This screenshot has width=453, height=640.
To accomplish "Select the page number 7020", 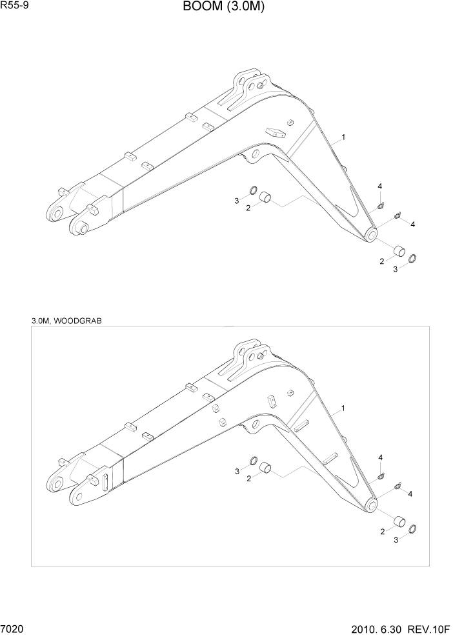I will [x=14, y=629].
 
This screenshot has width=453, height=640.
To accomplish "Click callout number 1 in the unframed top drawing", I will [x=343, y=137].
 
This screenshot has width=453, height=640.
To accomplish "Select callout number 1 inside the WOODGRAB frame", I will [x=343, y=408].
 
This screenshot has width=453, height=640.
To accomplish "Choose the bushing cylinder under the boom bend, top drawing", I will [x=267, y=199].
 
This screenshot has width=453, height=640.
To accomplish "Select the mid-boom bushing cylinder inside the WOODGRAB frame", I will [x=267, y=470].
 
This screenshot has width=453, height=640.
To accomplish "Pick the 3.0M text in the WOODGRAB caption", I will [x=41, y=321].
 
